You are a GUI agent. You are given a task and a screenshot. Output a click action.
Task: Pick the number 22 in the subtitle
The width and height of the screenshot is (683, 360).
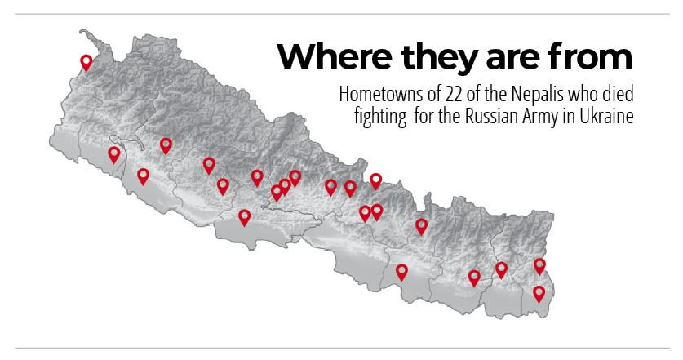(x=435, y=92)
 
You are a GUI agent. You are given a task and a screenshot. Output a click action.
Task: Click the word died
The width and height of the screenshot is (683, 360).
(x=616, y=92)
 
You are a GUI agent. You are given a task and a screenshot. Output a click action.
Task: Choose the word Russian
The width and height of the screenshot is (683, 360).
(x=491, y=116)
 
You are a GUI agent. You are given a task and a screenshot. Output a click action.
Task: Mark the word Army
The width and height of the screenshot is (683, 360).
(x=543, y=116)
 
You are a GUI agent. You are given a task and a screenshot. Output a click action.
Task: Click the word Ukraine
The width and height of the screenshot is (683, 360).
(x=607, y=116)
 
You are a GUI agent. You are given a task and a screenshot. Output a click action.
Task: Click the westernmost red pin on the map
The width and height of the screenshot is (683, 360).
(x=86, y=61)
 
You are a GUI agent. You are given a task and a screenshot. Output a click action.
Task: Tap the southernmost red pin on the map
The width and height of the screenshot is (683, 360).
(x=539, y=292)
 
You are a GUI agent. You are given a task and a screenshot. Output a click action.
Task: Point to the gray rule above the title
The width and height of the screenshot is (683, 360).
(x=341, y=14)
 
